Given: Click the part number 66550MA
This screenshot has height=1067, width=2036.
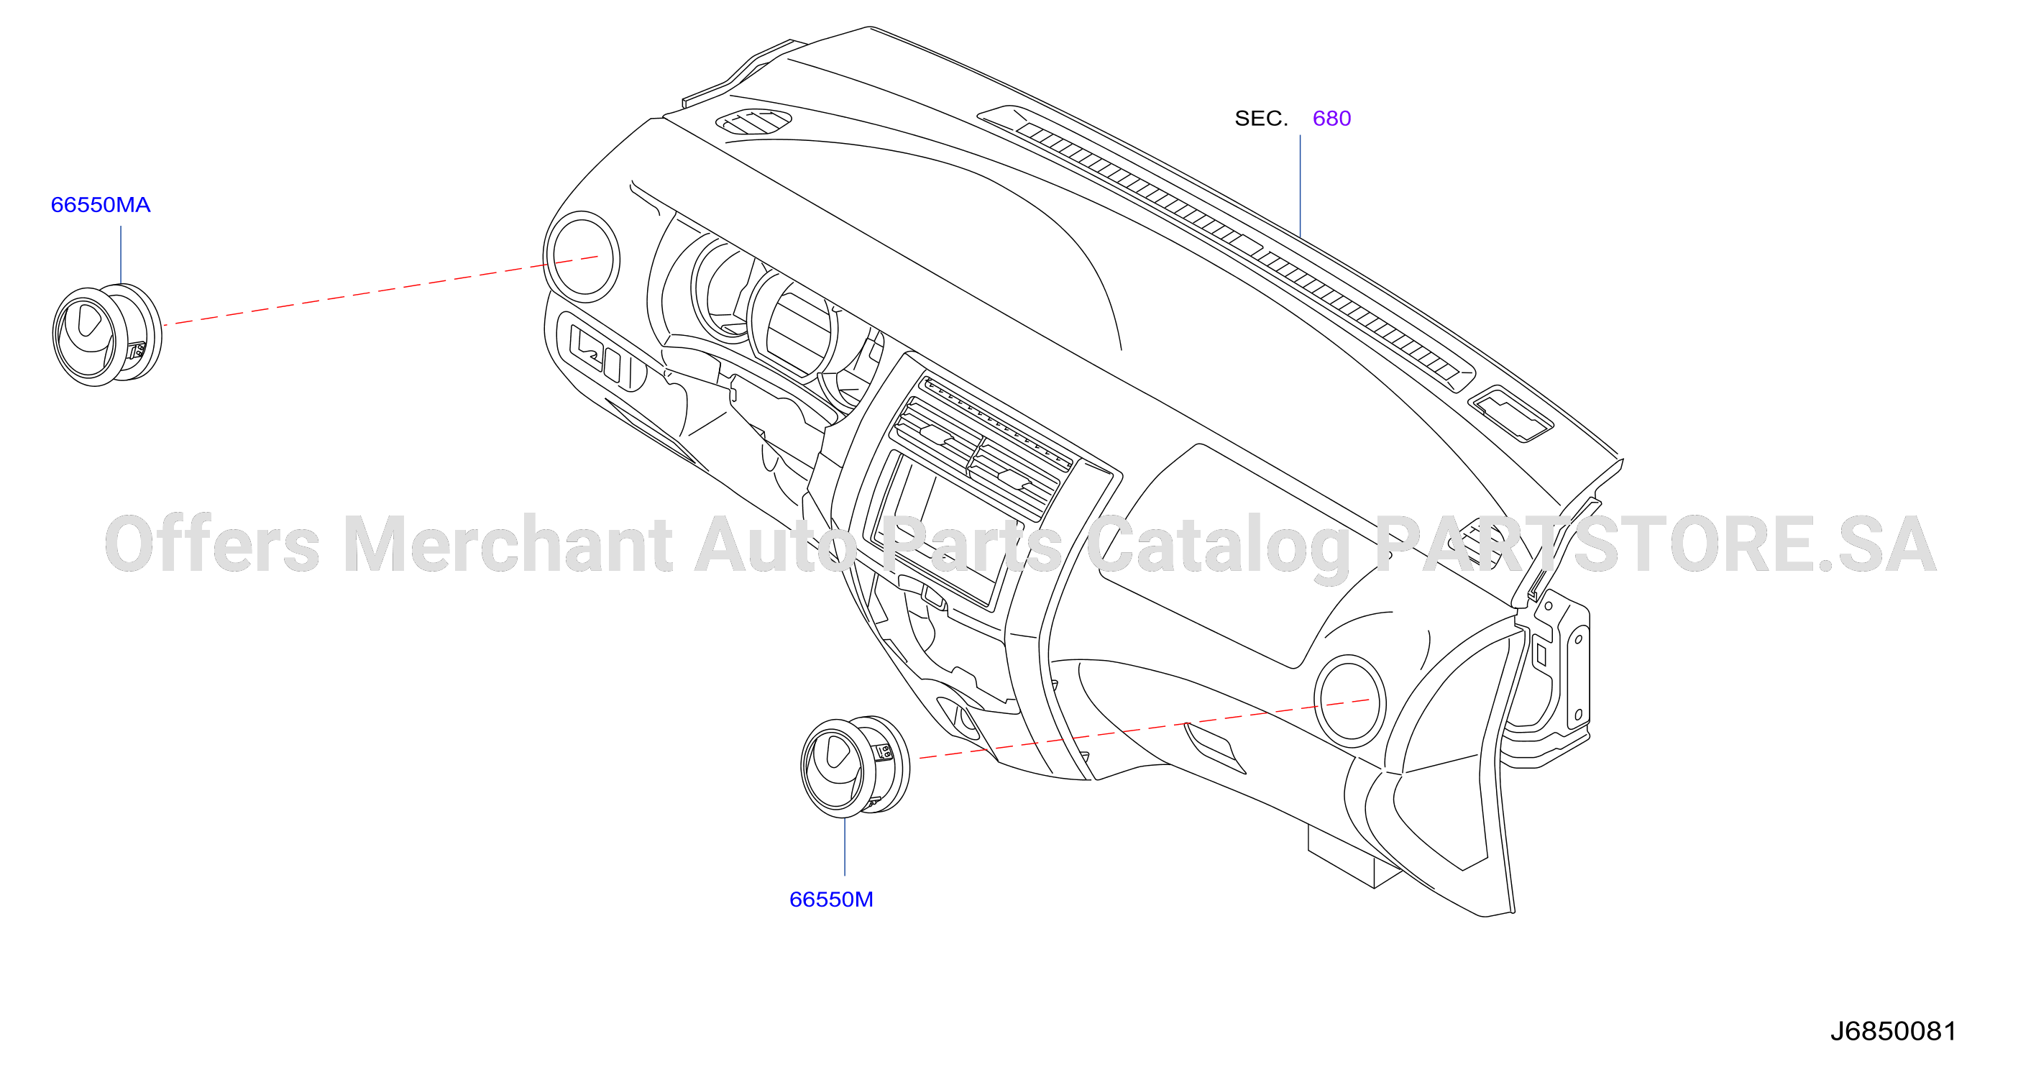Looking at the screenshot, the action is point(101,205).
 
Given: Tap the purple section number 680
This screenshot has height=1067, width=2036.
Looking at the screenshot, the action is point(1331,119).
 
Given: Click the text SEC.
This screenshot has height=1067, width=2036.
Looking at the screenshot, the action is point(1262,119).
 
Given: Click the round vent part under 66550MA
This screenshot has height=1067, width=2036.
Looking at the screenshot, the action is point(106,334).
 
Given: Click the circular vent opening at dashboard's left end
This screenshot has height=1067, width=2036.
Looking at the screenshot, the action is point(582,257).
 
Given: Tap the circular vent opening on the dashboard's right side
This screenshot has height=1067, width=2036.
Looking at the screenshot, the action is point(1350,701).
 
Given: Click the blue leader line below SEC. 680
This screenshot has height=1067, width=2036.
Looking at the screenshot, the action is point(1300,186).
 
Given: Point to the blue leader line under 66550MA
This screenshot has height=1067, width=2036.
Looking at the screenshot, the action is point(121,255).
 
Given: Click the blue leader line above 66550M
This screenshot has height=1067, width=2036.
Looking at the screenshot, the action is point(845,846).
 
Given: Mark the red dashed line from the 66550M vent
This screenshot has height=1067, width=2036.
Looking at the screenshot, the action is point(1144,730).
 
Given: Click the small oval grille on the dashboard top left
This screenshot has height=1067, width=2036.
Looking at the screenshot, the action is point(753,121).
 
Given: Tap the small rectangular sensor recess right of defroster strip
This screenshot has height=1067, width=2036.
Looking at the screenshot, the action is point(1510,414).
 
